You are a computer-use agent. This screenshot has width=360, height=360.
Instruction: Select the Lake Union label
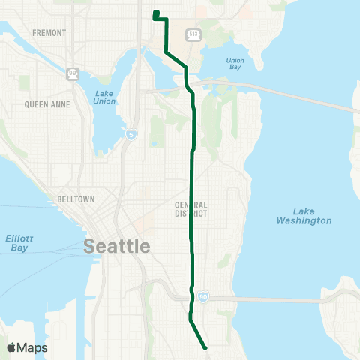click(104, 97)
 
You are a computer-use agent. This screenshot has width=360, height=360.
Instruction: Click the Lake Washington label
click(303, 216)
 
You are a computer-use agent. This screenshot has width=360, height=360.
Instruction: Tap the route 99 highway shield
click(73, 73)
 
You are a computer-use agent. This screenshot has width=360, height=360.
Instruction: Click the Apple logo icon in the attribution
click(12, 347)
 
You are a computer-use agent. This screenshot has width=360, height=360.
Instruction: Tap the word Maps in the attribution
click(33, 347)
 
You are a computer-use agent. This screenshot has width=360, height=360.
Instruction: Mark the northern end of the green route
click(155, 13)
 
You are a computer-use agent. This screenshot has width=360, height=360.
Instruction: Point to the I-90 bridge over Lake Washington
click(285, 300)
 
